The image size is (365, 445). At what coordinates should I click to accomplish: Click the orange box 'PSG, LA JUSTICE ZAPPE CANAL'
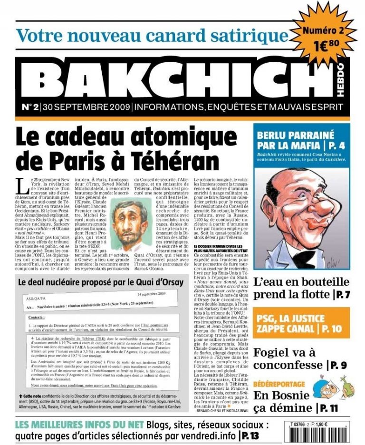(301, 323)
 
